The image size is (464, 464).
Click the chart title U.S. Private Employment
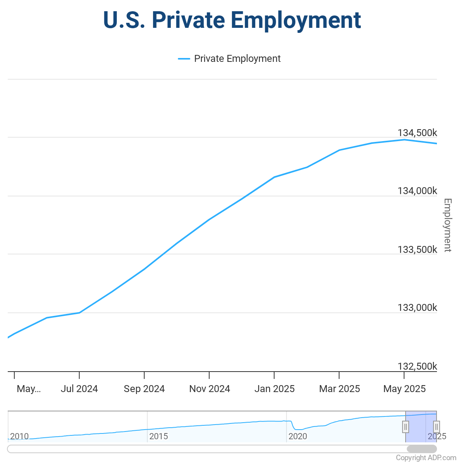(232, 20)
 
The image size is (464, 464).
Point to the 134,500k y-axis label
(417, 133)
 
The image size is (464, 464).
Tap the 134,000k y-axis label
(417, 191)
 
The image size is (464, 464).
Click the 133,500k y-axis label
(417, 250)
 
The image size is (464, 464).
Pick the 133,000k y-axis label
(417, 308)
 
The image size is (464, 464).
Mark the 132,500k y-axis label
(417, 366)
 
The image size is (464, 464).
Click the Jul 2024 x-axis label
(79, 389)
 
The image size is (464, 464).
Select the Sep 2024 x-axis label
(144, 389)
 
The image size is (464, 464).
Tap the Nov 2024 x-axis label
(210, 389)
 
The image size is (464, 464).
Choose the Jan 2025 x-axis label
(275, 389)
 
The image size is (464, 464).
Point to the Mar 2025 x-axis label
(339, 389)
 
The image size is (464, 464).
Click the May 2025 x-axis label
(404, 389)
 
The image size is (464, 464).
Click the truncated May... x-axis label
(29, 389)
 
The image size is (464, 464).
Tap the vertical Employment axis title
(447, 225)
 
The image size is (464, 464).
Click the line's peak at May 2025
(404, 140)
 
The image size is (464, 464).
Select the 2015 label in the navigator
(159, 437)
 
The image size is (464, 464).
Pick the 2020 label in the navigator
(298, 437)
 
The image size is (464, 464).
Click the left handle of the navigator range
(405, 427)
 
